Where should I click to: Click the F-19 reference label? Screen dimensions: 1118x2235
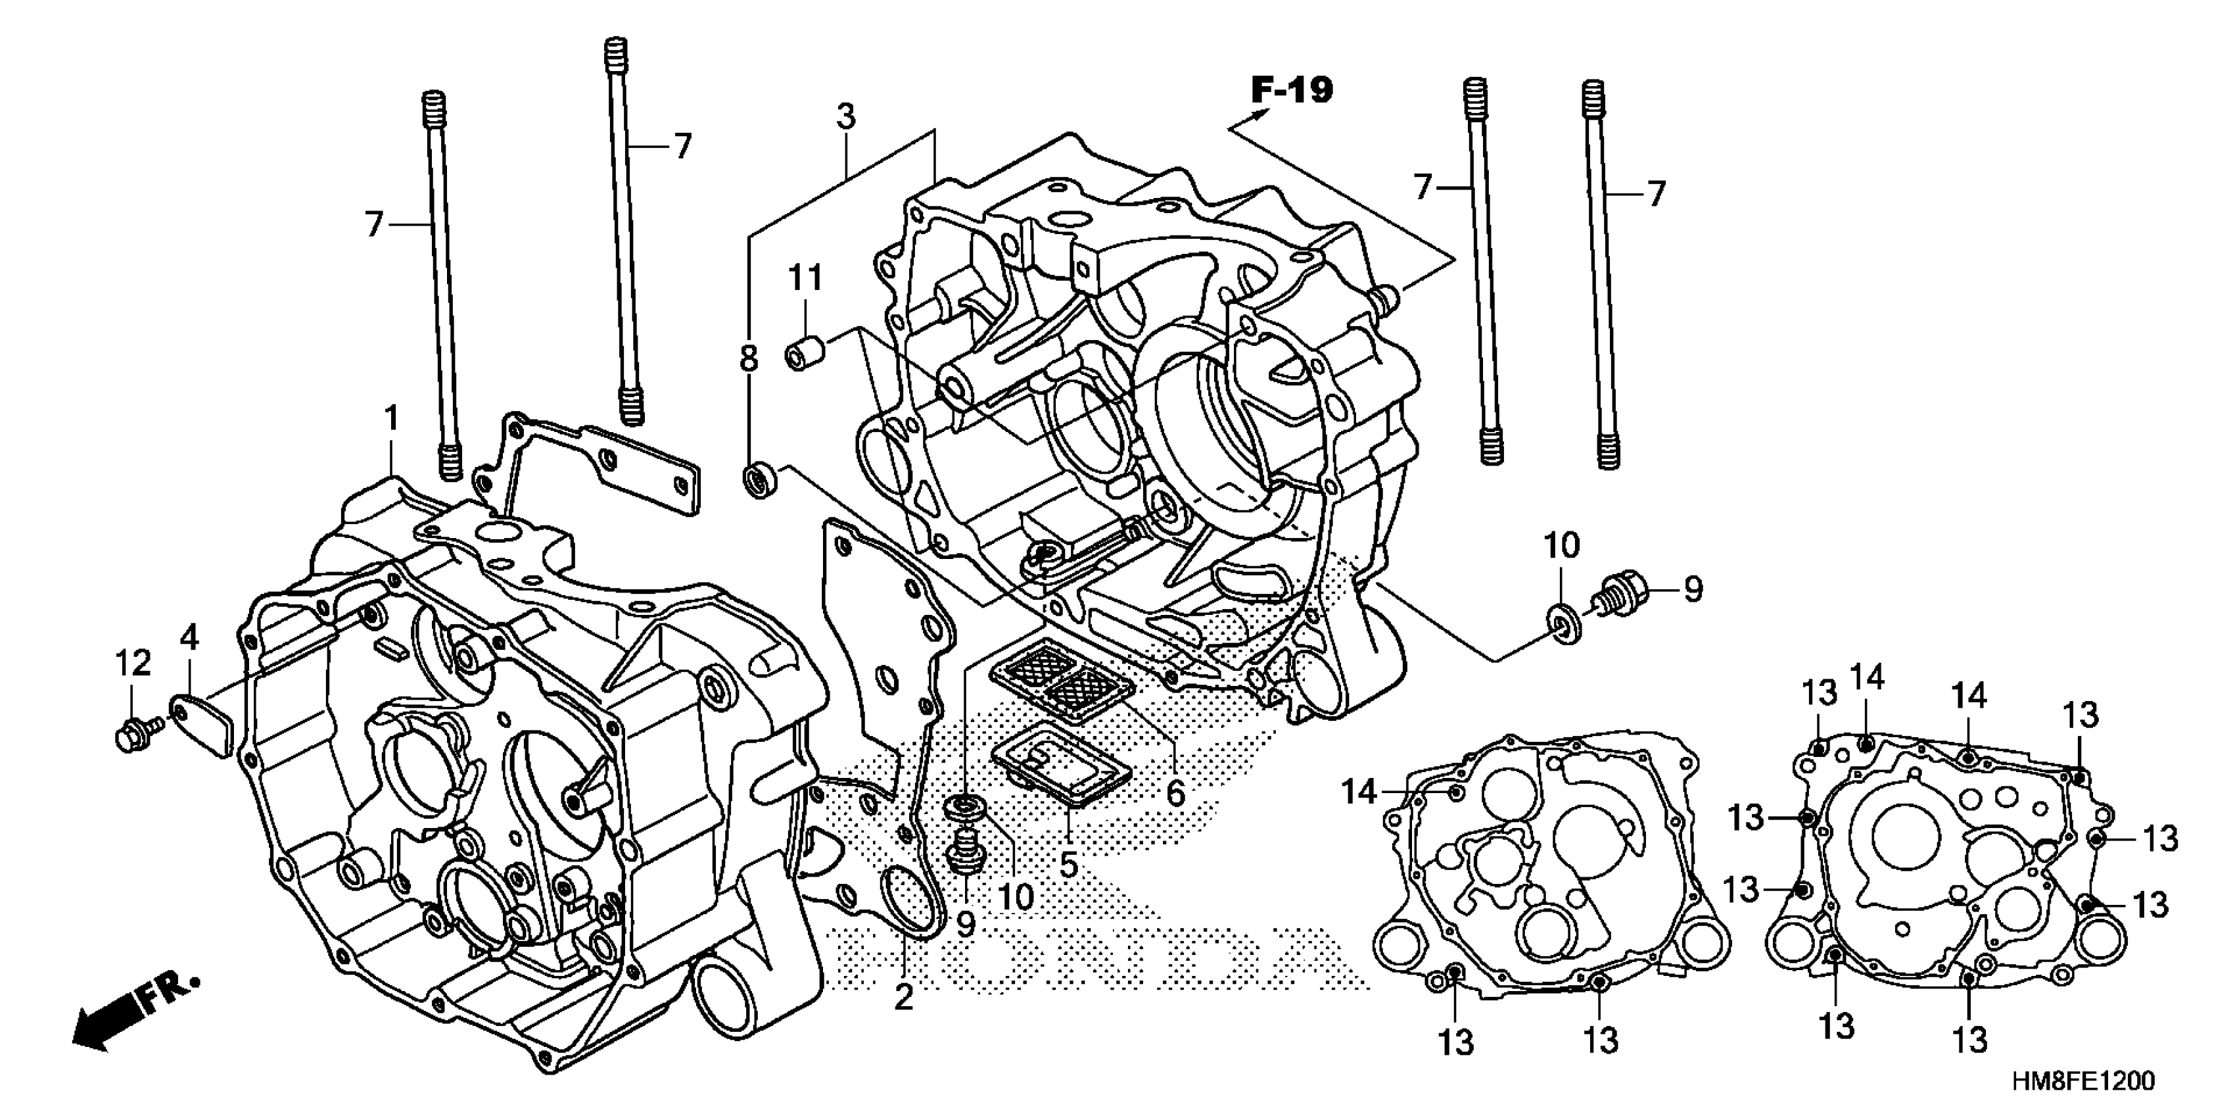pyautogui.click(x=1291, y=89)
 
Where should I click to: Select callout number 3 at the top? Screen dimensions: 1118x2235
pyautogui.click(x=846, y=116)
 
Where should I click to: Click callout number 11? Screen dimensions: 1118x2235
pyautogui.click(x=805, y=279)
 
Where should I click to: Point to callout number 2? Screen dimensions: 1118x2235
pyautogui.click(x=903, y=998)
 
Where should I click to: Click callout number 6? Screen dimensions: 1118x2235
pyautogui.click(x=1175, y=792)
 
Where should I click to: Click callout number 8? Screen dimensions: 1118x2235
pyautogui.click(x=748, y=358)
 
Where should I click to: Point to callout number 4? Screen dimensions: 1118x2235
pyautogui.click(x=189, y=638)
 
